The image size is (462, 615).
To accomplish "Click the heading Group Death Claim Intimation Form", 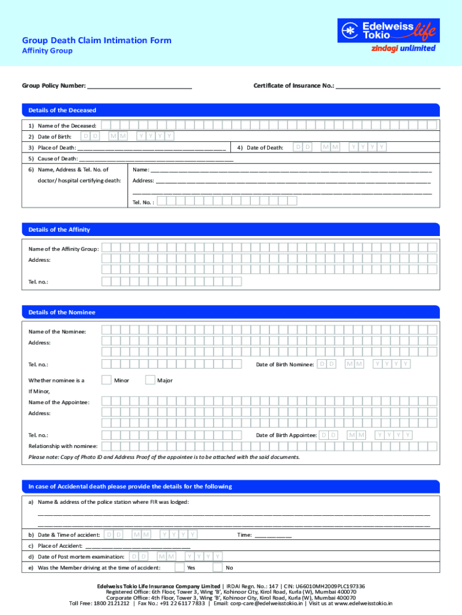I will [x=97, y=40].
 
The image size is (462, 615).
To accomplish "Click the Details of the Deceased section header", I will [x=59, y=111].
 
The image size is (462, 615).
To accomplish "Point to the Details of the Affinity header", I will [x=56, y=229].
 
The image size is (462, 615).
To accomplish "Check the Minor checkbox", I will [x=106, y=380].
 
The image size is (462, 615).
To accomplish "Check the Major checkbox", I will [x=151, y=380].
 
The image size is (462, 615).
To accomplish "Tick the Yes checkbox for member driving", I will [x=179, y=567].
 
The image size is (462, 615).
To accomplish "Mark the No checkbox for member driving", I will [x=217, y=567].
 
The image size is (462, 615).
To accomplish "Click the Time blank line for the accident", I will [x=273, y=535].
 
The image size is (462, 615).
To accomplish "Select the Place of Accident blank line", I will [x=138, y=546].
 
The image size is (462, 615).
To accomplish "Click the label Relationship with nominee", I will [x=64, y=446].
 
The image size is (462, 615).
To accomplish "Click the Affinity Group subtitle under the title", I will [x=47, y=51].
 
